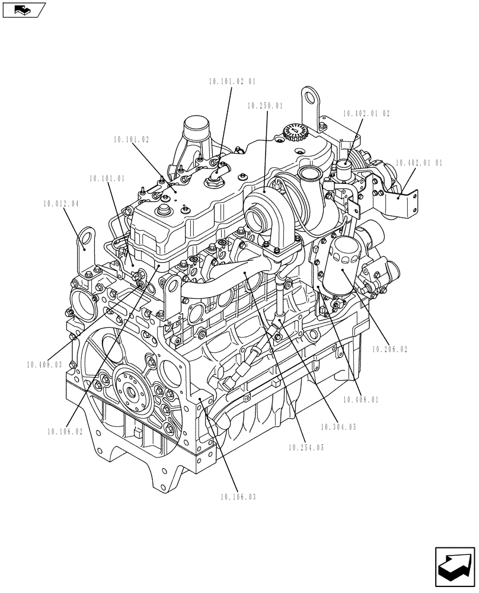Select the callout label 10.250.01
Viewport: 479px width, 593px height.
coord(265,106)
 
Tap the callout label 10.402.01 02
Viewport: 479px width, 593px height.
coord(366,113)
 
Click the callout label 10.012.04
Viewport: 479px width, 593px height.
coord(61,204)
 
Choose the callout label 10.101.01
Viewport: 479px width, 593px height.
coord(107,178)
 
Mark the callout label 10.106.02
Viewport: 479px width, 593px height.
coord(65,432)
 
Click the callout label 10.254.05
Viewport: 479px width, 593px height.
coord(306,448)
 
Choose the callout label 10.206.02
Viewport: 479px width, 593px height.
coord(389,350)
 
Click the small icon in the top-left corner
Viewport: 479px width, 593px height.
coord(24,9)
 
